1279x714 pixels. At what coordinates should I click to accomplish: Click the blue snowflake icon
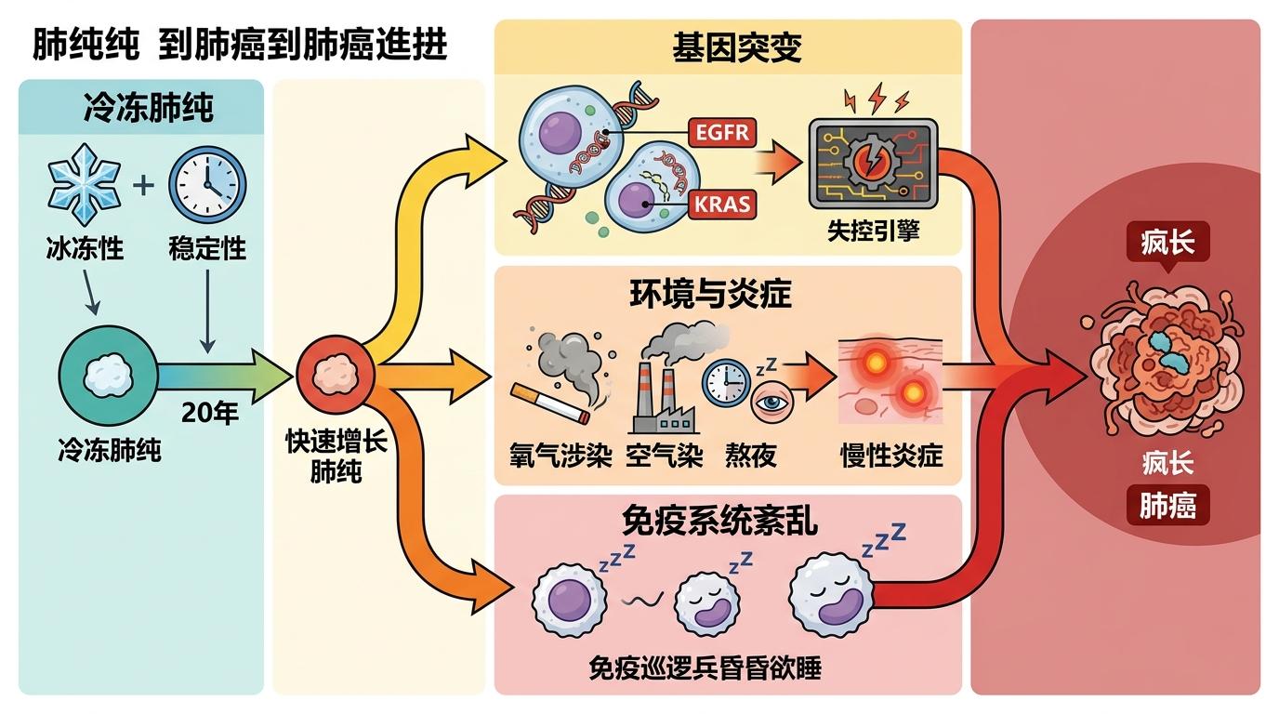pos(84,183)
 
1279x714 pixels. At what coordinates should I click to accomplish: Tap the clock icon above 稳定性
pos(207,184)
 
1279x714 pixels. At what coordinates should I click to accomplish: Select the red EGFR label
pos(722,133)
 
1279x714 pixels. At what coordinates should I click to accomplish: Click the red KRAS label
pos(722,204)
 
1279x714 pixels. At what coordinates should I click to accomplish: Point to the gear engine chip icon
pos(872,164)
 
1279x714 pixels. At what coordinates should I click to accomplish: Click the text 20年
pos(210,413)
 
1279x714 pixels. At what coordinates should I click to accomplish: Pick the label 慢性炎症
pos(890,456)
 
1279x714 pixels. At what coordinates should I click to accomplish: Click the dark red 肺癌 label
pos(1167,507)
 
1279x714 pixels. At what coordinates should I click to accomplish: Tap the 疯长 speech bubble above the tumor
pos(1167,244)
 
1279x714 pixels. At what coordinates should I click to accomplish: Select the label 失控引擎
pos(873,231)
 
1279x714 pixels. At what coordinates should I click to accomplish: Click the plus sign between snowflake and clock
pos(143,184)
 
